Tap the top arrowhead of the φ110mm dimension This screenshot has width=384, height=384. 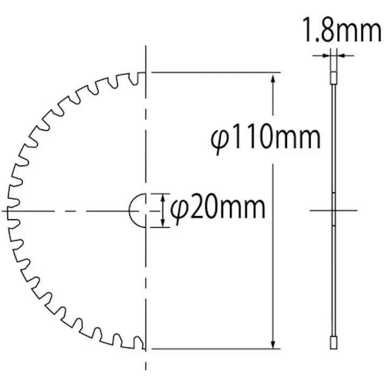274,78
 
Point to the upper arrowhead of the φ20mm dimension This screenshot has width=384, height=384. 164,198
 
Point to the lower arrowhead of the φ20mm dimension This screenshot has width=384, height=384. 164,222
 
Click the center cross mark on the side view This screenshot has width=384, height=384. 334,210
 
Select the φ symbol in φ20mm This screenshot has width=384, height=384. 178,208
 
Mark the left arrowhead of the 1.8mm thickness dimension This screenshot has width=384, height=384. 327,55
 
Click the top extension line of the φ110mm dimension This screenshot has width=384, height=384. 215,72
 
